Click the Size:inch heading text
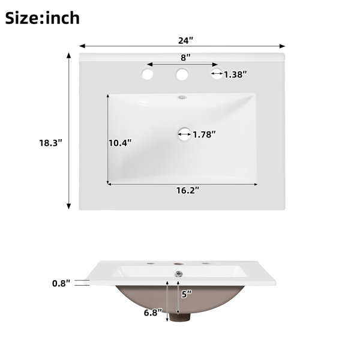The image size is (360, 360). [43, 18]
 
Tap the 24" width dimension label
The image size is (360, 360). [186, 41]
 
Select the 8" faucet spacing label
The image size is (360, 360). [186, 58]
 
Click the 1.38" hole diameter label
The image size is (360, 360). [235, 74]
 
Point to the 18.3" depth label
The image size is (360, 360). [51, 143]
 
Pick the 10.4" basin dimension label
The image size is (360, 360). [120, 143]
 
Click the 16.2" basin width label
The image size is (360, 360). [188, 190]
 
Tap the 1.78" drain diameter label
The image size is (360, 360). [205, 134]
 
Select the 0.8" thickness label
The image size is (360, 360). [61, 284]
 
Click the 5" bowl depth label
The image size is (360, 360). [187, 294]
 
